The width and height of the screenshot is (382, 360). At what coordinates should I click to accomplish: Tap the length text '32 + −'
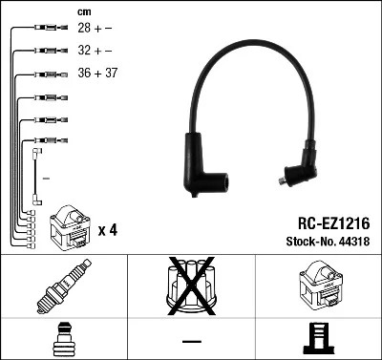click(x=94, y=52)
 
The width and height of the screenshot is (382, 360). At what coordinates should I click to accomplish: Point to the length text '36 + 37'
click(x=96, y=74)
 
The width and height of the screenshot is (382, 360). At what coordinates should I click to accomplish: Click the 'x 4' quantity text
click(x=107, y=230)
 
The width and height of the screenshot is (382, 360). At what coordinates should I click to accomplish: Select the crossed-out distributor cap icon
click(x=191, y=286)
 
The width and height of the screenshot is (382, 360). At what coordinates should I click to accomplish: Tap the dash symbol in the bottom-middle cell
click(x=191, y=340)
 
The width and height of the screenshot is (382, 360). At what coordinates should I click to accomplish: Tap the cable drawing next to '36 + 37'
click(x=46, y=74)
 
